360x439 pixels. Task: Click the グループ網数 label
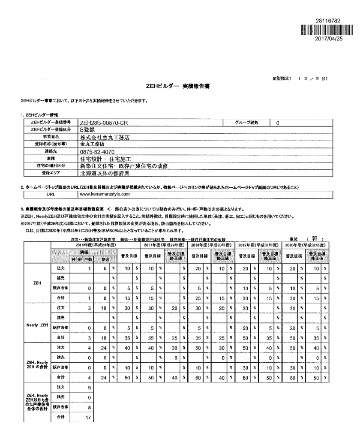[x=246, y=123]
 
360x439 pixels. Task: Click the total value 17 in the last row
[x=87, y=428]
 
